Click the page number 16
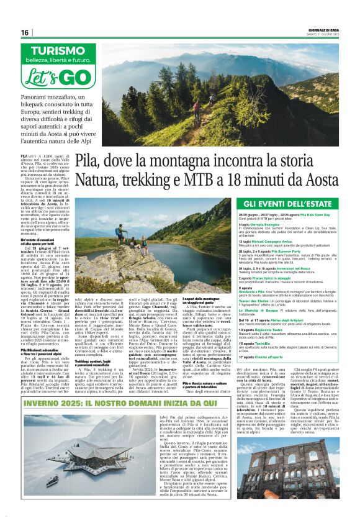pos(25,32)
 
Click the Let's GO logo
pos(55,77)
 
